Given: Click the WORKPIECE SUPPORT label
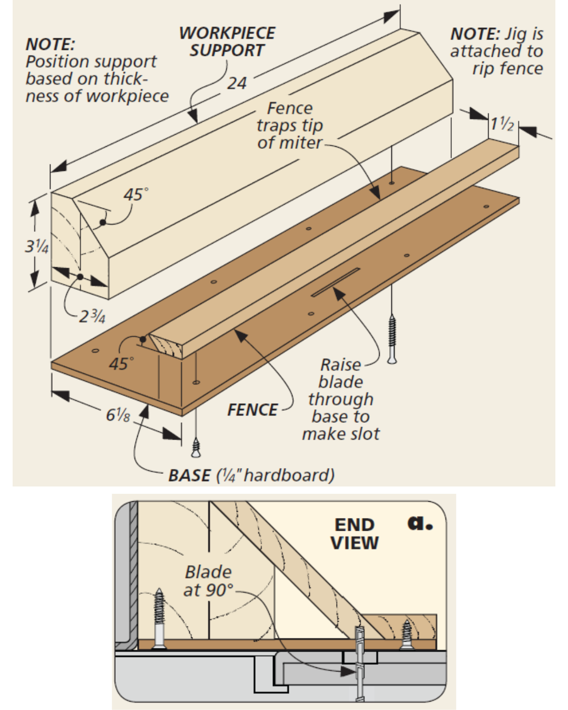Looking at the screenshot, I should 227,42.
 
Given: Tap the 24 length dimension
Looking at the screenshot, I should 237,83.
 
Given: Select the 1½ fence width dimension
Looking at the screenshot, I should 502,124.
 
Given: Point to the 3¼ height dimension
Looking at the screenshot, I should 36,246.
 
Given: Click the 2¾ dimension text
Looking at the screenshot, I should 92,317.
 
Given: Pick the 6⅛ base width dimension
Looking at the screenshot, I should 118,414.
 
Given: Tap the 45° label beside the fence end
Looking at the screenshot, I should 121,363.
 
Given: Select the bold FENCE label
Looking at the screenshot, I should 252,410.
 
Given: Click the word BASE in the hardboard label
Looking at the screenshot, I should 189,475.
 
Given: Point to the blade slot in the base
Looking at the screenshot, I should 336,282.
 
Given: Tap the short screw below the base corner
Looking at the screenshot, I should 196,448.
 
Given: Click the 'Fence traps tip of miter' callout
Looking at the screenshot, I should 289,125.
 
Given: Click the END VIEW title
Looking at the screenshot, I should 354,533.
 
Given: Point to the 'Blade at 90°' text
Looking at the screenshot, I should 208,581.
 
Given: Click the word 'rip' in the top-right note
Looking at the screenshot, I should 483,69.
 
